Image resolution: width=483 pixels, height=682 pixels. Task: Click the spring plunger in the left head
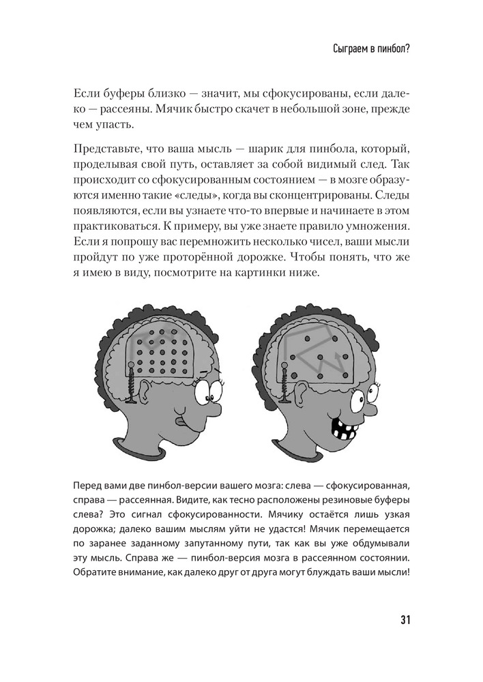coord(130,384)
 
